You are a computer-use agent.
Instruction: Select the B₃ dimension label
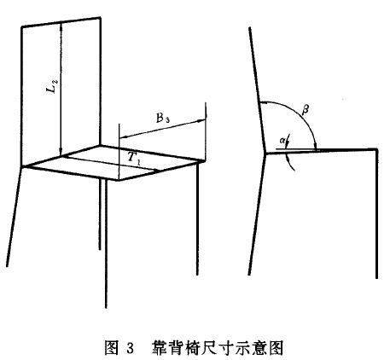click(x=163, y=118)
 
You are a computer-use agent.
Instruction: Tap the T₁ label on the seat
click(x=134, y=157)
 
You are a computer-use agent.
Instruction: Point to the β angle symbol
click(x=306, y=108)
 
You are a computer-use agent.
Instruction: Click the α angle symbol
click(x=282, y=140)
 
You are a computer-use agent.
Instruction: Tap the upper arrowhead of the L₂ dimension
click(x=61, y=26)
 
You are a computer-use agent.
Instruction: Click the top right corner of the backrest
click(x=101, y=18)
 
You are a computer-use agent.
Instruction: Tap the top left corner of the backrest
click(x=22, y=27)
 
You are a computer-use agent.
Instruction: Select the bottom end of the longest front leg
click(x=106, y=308)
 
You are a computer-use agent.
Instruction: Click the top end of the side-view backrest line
click(x=249, y=27)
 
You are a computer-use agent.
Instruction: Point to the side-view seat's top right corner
click(x=377, y=148)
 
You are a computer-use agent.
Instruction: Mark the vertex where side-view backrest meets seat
click(x=265, y=153)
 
